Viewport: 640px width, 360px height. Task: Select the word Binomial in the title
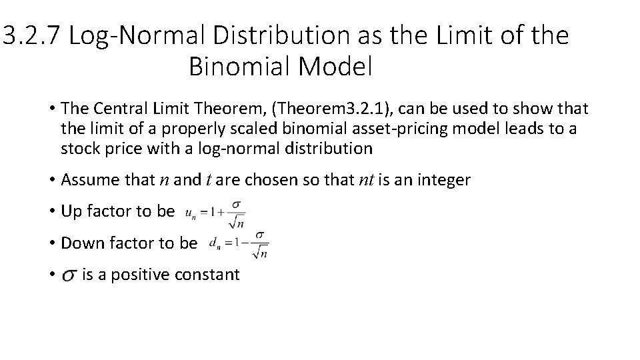pos(237,67)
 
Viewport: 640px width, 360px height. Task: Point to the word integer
pos(444,180)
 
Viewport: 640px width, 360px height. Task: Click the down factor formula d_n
pos(238,244)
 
